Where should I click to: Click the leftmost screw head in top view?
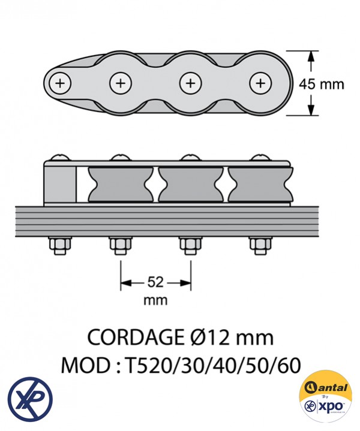pos(60,83)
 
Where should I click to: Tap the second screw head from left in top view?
pos(120,83)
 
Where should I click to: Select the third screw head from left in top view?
pos(190,83)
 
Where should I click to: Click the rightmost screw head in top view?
pos(260,83)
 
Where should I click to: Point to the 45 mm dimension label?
pos(322,84)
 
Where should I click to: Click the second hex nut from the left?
pos(120,246)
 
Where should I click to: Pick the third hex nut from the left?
pos(190,246)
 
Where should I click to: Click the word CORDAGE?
pos(133,337)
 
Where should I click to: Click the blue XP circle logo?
pos(30,398)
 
